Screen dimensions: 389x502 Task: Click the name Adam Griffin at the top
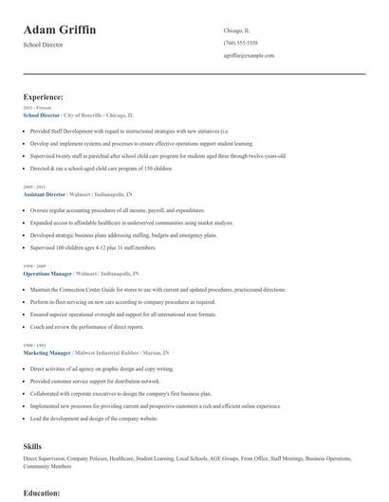tap(60, 30)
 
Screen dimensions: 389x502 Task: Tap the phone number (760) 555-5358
tap(240, 44)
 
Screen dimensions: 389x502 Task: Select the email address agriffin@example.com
tap(249, 56)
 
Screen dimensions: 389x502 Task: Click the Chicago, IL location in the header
tap(236, 30)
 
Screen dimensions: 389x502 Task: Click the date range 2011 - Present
tap(38, 108)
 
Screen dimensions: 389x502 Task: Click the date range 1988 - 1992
tap(36, 346)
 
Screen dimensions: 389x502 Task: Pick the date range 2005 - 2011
tap(36, 187)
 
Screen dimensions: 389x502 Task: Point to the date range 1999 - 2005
tap(36, 266)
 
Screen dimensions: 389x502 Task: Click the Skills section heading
tap(32, 445)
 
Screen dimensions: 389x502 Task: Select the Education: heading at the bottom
tap(42, 493)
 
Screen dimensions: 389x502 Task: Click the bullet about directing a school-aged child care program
tap(101, 168)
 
